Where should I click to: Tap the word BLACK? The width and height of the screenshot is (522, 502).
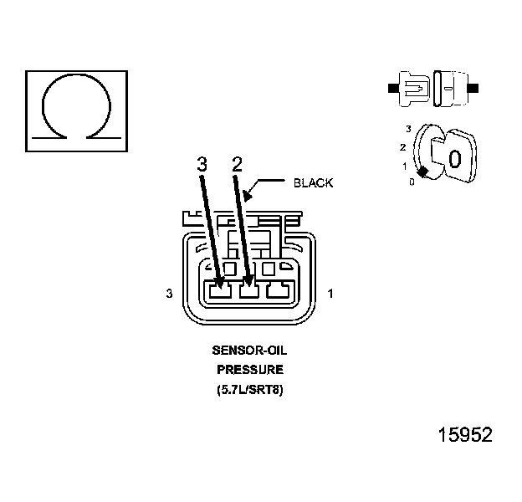click(314, 182)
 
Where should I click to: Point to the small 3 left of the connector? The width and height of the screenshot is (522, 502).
click(170, 294)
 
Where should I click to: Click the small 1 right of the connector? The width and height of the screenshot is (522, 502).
click(331, 294)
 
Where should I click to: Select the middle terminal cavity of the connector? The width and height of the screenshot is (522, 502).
click(248, 291)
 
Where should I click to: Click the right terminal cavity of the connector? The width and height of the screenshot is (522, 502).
click(275, 291)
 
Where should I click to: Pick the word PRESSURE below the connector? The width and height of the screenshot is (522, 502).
click(249, 369)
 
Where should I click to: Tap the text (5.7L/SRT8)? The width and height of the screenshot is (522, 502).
click(249, 389)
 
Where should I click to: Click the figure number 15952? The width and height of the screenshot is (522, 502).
click(465, 436)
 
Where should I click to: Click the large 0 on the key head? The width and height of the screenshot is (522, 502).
click(454, 159)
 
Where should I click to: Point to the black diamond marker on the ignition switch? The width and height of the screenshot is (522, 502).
click(423, 172)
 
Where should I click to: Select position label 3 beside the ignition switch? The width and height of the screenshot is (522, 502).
click(408, 129)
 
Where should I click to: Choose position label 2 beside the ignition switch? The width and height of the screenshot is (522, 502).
click(403, 147)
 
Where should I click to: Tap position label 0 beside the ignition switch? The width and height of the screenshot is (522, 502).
click(412, 182)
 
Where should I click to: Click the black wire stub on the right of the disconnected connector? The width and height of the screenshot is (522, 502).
click(474, 87)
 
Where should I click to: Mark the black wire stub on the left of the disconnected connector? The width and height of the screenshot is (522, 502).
click(392, 87)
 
